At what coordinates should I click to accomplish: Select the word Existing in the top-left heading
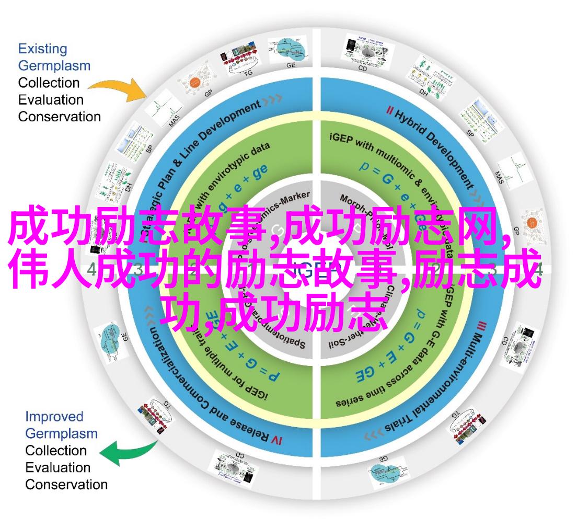pos(43,49)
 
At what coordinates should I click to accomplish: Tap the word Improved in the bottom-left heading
pos(54,416)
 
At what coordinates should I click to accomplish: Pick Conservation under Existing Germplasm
pos(60,117)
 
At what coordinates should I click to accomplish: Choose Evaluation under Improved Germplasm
pos(58,467)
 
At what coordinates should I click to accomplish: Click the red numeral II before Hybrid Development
pos(389,110)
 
